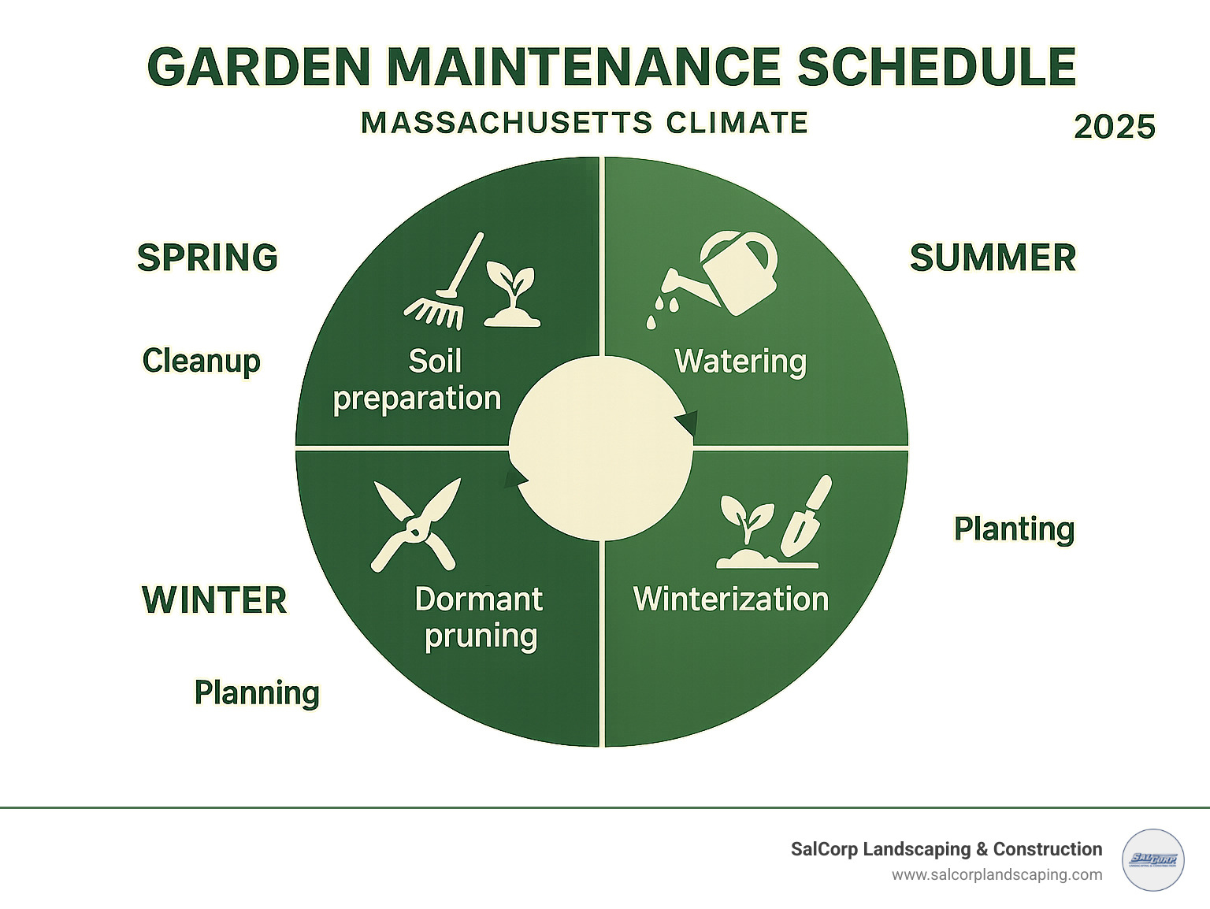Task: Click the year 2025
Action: pos(1114,127)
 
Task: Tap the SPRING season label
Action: pos(208,258)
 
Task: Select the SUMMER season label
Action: pos(993,258)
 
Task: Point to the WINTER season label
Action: pos(214,600)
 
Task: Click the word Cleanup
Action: pos(202,361)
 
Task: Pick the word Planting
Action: pos(1014,529)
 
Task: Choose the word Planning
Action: pos(257,693)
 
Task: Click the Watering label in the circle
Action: pos(740,362)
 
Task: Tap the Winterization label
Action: pos(731,599)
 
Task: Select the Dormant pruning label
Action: pos(479,618)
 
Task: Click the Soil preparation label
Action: pos(418,380)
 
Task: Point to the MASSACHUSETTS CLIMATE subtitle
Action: pos(585,123)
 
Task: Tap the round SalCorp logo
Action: pos(1152,860)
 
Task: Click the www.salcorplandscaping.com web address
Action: pos(997,875)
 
